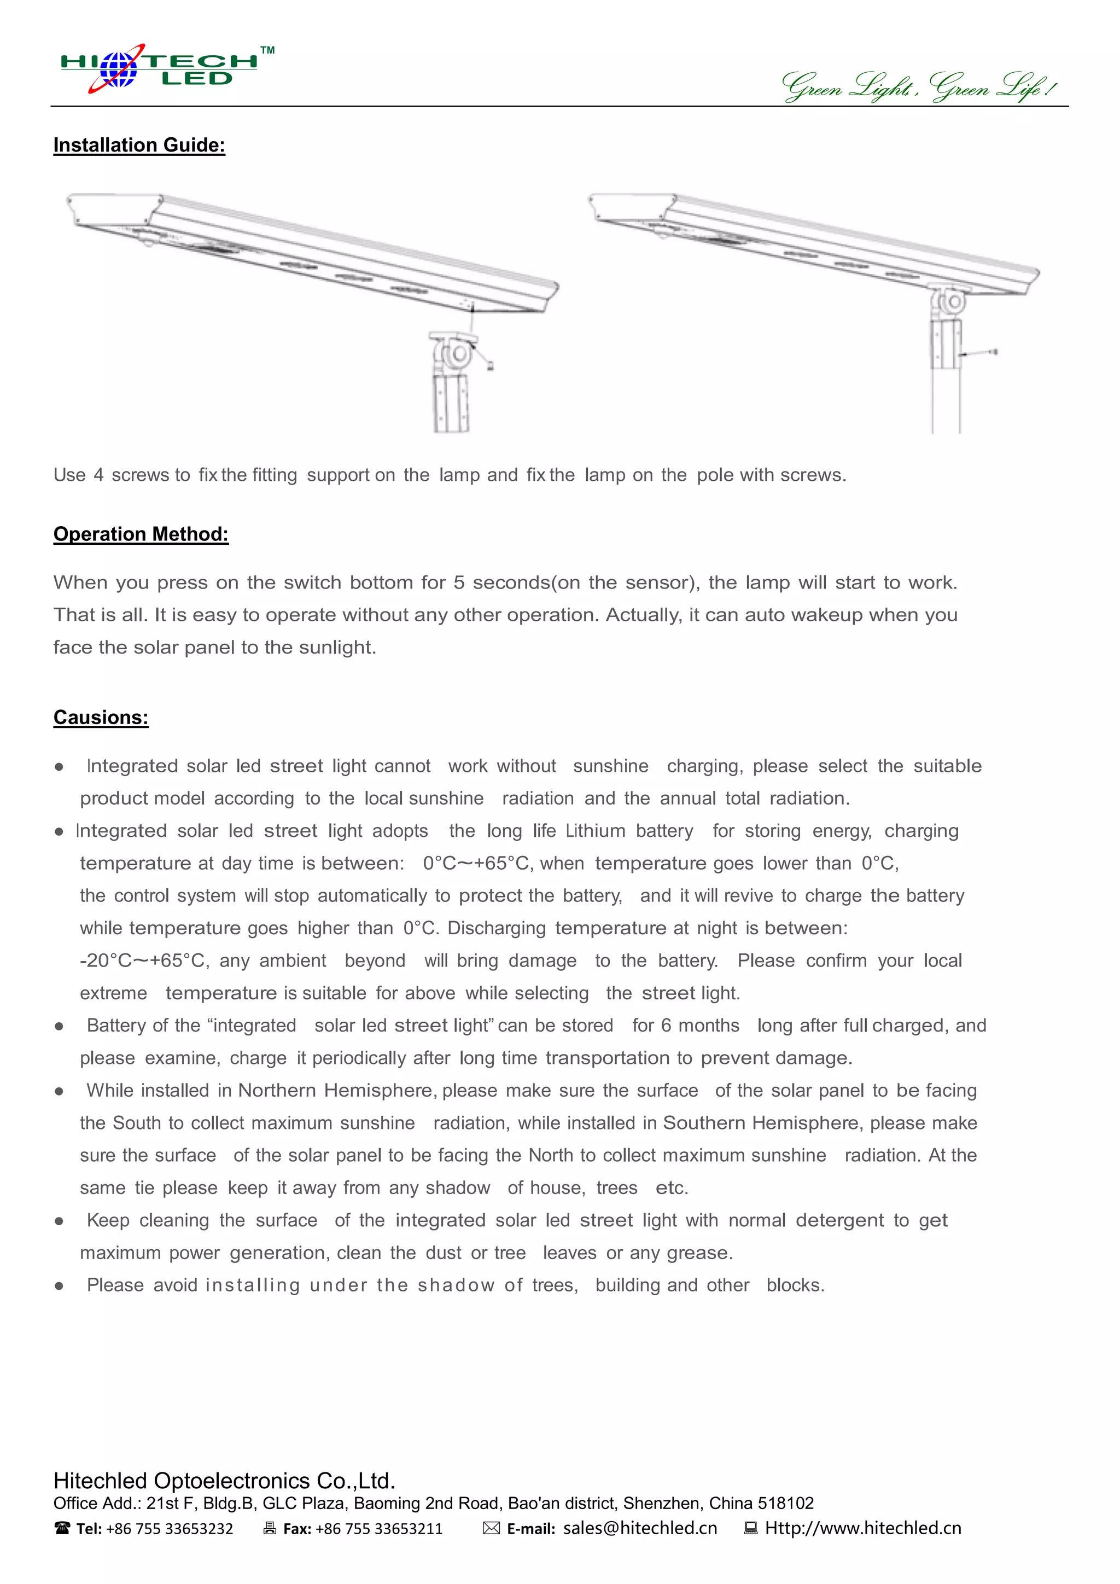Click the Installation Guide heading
(139, 145)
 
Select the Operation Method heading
(141, 534)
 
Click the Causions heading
(101, 718)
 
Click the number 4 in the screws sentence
(98, 475)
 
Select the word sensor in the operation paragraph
(657, 583)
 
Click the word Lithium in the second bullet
(594, 831)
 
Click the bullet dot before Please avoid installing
(59, 1286)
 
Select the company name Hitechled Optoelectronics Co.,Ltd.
(224, 1481)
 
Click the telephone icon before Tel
(62, 1528)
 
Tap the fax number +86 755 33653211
(378, 1529)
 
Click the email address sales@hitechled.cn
(639, 1528)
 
